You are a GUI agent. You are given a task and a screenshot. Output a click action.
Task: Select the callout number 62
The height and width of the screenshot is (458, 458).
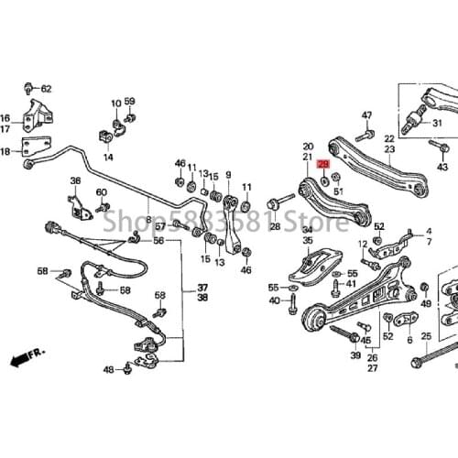point(46,89)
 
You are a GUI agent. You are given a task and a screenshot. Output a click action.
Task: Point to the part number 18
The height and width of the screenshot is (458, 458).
point(5,152)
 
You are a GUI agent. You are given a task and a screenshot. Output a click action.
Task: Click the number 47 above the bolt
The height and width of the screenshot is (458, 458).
point(366,115)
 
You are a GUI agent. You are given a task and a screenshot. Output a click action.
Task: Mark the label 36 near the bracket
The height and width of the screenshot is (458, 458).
point(75,180)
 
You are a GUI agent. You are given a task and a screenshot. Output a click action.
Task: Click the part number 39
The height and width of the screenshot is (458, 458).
point(355,354)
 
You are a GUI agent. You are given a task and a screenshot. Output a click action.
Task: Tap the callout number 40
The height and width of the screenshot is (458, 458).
point(275,300)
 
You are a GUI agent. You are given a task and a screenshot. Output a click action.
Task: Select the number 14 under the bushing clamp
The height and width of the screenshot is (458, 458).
point(108,158)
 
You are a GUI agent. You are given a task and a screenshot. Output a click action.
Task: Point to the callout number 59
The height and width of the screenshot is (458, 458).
point(129,102)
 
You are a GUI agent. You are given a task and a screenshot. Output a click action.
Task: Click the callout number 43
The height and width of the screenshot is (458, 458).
point(443,168)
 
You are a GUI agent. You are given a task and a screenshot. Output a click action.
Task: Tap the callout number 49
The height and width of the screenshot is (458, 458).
point(424,303)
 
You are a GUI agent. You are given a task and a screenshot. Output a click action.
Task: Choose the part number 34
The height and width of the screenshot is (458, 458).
point(307,230)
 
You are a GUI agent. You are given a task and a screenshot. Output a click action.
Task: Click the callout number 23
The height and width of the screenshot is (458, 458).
point(389,148)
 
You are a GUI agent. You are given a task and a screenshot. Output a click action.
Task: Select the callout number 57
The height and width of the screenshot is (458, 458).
point(160,226)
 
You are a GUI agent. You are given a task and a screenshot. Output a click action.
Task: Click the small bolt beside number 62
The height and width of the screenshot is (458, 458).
point(30,88)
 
